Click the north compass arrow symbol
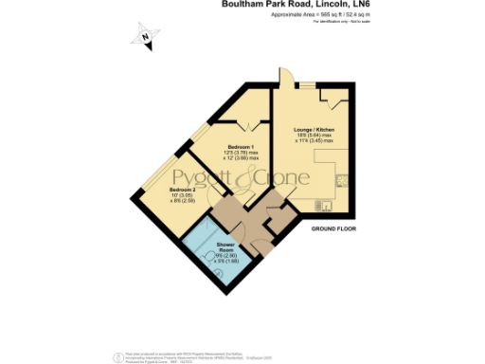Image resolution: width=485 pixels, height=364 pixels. (146, 38)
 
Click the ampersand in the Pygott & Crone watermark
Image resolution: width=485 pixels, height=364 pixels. (250, 179)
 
